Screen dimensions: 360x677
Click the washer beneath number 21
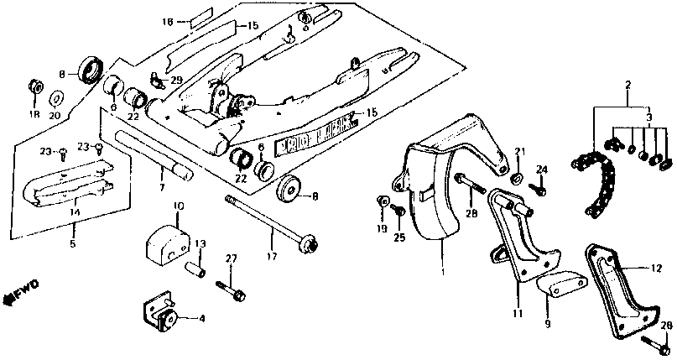[x=518, y=178]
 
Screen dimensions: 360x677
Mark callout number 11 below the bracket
[x=517, y=313]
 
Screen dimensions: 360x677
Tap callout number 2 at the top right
[x=626, y=85]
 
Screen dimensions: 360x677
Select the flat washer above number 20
[x=57, y=97]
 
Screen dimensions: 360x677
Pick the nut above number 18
[x=35, y=86]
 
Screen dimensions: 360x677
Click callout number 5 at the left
[x=71, y=244]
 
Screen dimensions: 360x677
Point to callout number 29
[x=176, y=79]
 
